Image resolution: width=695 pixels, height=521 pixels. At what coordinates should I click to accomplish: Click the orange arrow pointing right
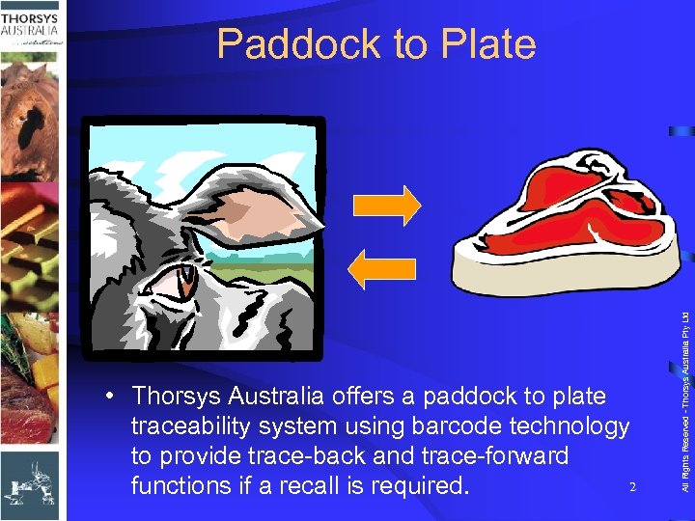coord(387,205)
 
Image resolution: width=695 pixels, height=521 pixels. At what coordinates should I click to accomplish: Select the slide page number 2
coord(631,486)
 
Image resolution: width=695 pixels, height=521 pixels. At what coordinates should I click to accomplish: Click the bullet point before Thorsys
coord(114,397)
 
